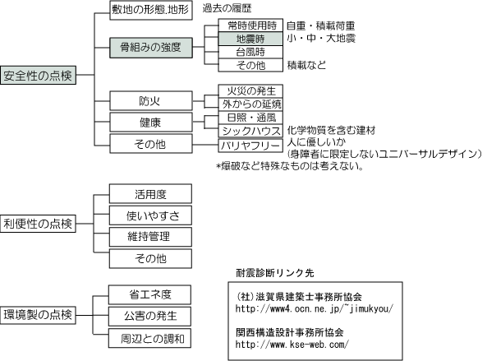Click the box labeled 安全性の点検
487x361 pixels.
39,75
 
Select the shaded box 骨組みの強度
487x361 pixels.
151,48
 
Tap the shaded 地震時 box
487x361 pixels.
250,39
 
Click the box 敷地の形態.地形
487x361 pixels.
151,10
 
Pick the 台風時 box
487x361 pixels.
250,52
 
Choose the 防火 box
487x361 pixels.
151,101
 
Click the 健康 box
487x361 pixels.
151,123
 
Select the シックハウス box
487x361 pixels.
250,131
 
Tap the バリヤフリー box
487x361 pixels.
250,146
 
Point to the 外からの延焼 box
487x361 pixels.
250,104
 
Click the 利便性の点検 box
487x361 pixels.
38,223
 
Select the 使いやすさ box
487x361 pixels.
150,215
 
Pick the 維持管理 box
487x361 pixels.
150,237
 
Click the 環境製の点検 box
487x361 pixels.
38,315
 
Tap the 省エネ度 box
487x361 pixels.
149,294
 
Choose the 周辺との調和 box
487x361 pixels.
149,338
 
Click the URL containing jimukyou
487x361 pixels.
315,308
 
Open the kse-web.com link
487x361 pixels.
292,345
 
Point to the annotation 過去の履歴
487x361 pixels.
227,8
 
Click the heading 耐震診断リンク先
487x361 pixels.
275,273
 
